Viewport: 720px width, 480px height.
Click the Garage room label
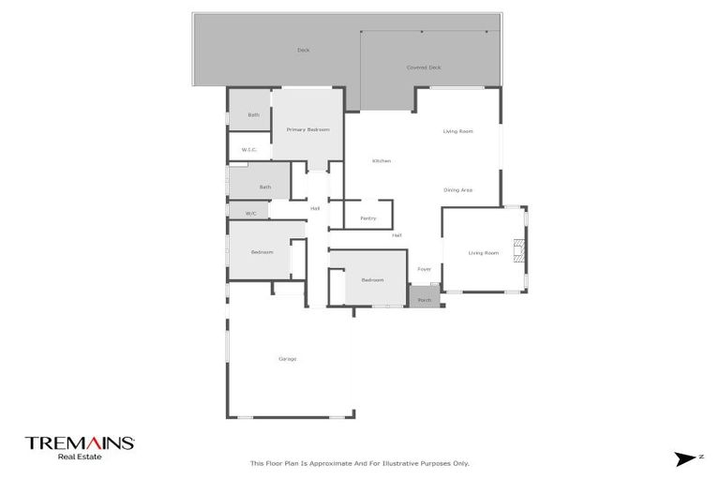click(x=287, y=359)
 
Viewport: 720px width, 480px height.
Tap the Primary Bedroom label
click(x=307, y=130)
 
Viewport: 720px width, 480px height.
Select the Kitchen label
click(x=382, y=161)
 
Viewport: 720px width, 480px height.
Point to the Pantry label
click(x=367, y=218)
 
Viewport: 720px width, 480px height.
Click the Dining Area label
click(x=457, y=190)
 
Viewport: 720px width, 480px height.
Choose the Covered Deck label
click(x=423, y=67)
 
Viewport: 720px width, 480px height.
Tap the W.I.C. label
click(x=249, y=150)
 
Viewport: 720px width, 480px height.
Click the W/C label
click(x=250, y=214)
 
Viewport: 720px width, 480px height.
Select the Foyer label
click(x=425, y=269)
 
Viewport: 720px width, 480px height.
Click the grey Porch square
click(x=424, y=296)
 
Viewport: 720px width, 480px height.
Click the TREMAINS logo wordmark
click(x=81, y=442)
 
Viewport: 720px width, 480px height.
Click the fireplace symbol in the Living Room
click(x=518, y=251)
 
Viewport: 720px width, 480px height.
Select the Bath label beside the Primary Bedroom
click(x=253, y=115)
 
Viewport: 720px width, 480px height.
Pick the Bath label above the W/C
click(x=265, y=187)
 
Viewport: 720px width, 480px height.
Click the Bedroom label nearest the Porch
click(x=372, y=280)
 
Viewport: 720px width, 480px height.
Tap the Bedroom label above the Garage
click(x=262, y=252)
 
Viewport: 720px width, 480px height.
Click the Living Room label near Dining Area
click(x=457, y=131)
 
